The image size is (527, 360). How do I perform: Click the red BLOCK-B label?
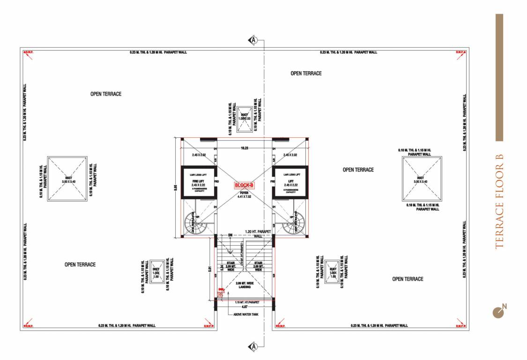coord(244,185)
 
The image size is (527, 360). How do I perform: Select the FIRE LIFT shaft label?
coord(199,182)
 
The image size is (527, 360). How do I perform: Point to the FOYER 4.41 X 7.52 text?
coord(244,194)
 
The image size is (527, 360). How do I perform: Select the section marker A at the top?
coord(253,40)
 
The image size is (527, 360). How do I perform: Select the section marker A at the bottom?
coord(253,346)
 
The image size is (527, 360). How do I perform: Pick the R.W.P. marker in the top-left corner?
coord(29,52)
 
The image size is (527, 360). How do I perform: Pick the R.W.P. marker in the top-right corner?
coord(460,52)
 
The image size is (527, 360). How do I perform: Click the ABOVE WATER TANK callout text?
coord(246,315)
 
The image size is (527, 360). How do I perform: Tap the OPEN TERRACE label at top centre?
coord(306,73)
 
